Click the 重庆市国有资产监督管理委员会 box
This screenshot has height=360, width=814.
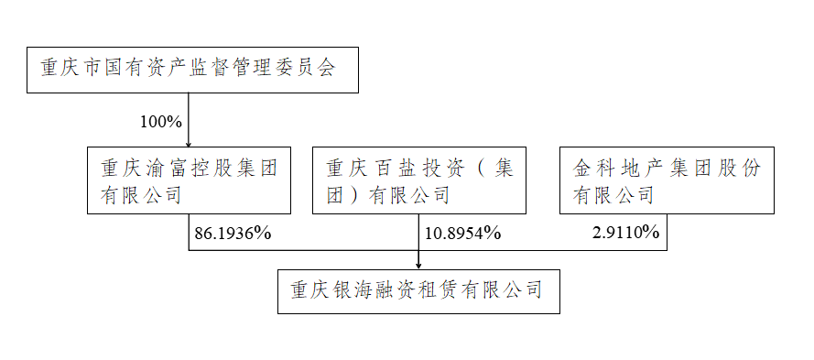pyautogui.click(x=192, y=71)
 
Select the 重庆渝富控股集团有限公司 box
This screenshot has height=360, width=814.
pyautogui.click(x=189, y=180)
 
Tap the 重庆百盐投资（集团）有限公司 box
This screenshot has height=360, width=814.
pyautogui.click(x=418, y=180)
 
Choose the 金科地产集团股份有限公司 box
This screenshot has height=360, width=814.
pyautogui.click(x=667, y=180)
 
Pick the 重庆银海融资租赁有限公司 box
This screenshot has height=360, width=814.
pyautogui.click(x=418, y=290)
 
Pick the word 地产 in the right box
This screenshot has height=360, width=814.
pyautogui.click(x=634, y=169)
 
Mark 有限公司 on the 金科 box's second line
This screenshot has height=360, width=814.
pyautogui.click(x=613, y=195)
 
